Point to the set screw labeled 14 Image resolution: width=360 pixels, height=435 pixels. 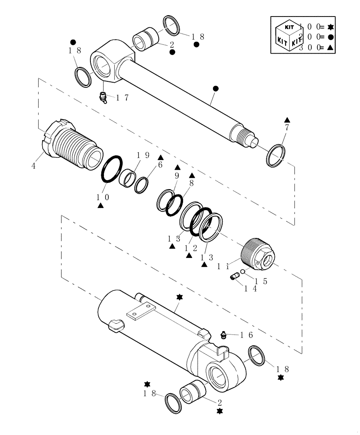(235, 276)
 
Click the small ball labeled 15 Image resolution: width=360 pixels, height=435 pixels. (243, 272)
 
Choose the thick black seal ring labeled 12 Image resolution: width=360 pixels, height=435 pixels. (201, 221)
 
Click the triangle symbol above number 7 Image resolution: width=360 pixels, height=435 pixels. (287, 120)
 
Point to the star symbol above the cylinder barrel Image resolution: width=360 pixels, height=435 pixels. (179, 297)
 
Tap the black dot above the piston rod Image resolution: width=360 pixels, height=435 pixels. (215, 88)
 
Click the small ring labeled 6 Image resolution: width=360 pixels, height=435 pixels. (141, 185)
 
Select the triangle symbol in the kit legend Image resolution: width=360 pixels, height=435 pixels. (330, 47)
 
